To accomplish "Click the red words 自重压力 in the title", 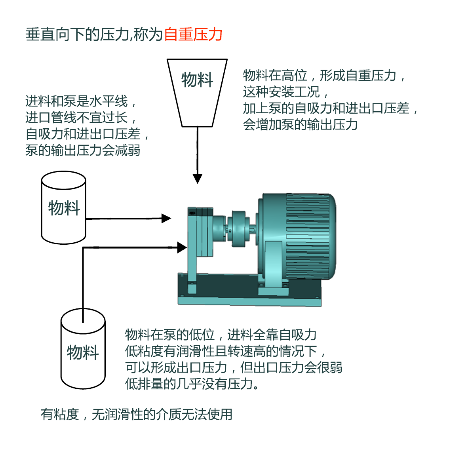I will coord(193,34).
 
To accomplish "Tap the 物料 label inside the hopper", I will coord(197,80).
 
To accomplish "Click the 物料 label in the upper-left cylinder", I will coord(64,207).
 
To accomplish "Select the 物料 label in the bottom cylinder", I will coord(83,352).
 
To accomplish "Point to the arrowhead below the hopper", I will coord(197,179).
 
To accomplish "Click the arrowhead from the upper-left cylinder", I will coord(166,218).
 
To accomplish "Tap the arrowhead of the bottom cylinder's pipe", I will coord(182,248).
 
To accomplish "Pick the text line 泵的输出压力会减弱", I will coord(83,150).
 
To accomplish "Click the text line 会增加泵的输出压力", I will coord(300,124).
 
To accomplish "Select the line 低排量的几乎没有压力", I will coord(192,384).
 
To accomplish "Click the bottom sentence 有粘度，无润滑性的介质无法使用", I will coord(137,414).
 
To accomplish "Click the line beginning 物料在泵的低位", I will coord(221,335).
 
